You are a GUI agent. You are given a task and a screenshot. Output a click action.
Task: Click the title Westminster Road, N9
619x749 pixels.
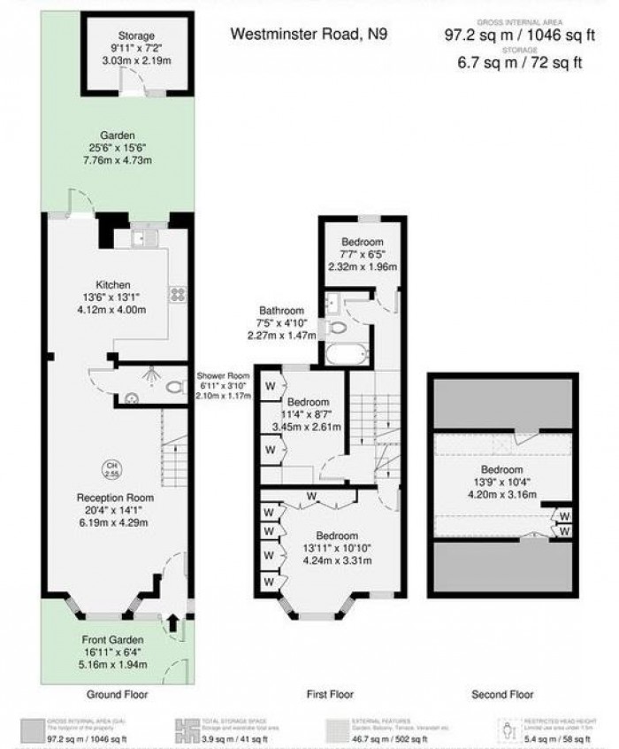pos(309,35)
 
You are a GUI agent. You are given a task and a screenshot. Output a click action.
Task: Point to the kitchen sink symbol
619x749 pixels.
pos(143,238)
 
